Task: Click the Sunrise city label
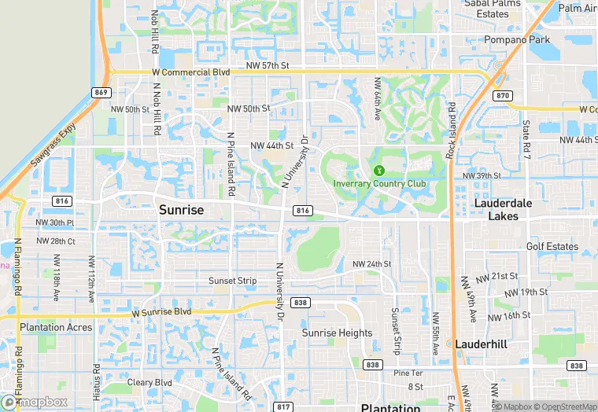click(181, 210)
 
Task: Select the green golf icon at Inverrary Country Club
click(378, 170)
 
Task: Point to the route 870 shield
click(504, 95)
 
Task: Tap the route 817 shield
click(283, 406)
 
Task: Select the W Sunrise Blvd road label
click(161, 312)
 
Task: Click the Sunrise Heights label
click(338, 333)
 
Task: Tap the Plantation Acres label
click(56, 327)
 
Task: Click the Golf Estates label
click(552, 246)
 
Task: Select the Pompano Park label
click(516, 39)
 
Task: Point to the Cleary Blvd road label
click(149, 383)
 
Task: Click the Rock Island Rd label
click(451, 131)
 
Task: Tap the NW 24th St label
click(371, 263)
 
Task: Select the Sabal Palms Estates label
click(493, 9)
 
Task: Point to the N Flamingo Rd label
click(17, 267)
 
